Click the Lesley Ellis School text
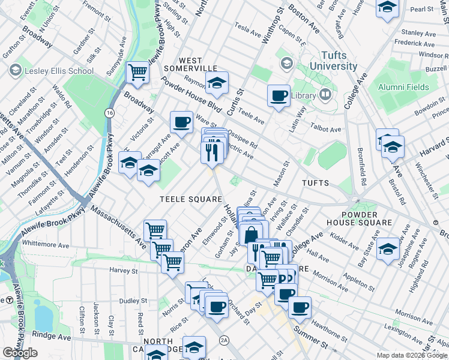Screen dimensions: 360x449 pos(59,71)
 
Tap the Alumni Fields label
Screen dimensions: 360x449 pos(403,87)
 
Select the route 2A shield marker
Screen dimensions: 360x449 pos(224,340)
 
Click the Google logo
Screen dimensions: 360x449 pos(20,352)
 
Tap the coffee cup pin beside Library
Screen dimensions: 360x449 pos(279,95)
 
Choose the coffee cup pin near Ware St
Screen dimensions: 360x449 pos(181,122)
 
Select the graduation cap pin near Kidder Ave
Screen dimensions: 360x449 pos(388,248)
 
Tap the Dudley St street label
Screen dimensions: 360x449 pos(133,301)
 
